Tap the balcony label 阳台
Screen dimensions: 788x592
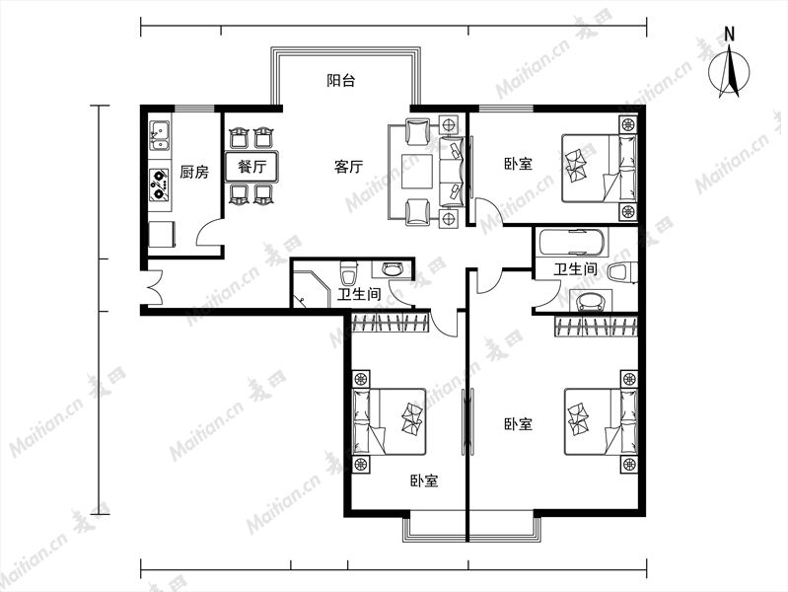340,80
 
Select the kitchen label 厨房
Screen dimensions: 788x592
194,172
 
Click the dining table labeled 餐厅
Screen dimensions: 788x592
251,166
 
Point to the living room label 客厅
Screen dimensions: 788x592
348,166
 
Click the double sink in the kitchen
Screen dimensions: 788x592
160,135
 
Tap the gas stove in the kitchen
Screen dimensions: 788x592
160,184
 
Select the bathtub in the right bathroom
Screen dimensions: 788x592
572,242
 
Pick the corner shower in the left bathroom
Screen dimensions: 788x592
309,289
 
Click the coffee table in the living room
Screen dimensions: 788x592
416,172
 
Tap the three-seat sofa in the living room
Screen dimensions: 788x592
452,172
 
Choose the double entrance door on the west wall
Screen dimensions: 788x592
153,287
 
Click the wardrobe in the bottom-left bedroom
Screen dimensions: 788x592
390,323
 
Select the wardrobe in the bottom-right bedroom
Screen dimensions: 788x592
596,327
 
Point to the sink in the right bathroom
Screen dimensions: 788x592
591,301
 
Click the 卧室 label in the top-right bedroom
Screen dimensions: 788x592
518,164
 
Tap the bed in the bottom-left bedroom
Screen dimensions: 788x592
390,421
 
